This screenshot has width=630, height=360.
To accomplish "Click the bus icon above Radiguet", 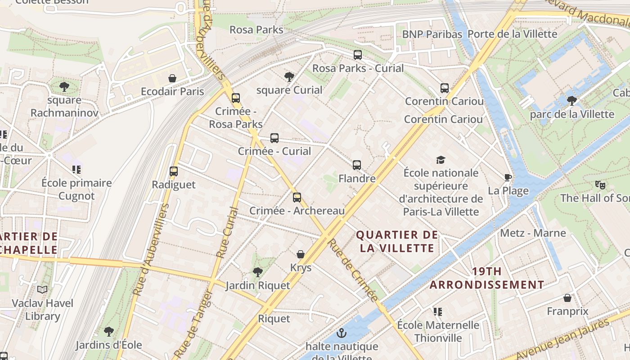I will [x=174, y=171].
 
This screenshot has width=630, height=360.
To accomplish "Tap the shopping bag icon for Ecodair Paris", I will [x=172, y=78].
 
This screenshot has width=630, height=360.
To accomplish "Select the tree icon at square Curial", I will [x=289, y=76].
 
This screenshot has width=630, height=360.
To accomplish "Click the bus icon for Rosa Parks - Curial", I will [x=358, y=55].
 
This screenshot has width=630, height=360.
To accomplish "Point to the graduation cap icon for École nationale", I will [x=441, y=160].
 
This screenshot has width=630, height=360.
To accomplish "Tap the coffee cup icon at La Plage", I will [x=508, y=177].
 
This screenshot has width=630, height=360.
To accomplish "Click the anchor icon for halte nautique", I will [x=342, y=333].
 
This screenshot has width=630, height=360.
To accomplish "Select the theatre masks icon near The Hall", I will [x=599, y=184].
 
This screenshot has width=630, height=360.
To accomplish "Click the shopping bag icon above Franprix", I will [x=567, y=298].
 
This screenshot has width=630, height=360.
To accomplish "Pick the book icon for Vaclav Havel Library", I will [x=42, y=290].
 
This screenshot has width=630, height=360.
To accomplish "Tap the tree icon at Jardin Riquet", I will [x=257, y=272].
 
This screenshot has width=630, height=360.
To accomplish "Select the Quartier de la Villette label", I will [x=396, y=241].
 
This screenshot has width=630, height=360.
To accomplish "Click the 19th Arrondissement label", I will [x=487, y=278].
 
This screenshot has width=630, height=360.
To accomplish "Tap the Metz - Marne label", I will [x=533, y=233].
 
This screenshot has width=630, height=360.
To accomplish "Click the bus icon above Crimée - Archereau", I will [x=297, y=197].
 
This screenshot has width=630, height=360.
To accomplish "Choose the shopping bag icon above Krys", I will [x=301, y=254].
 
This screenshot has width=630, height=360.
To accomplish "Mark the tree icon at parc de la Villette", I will [x=571, y=100].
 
